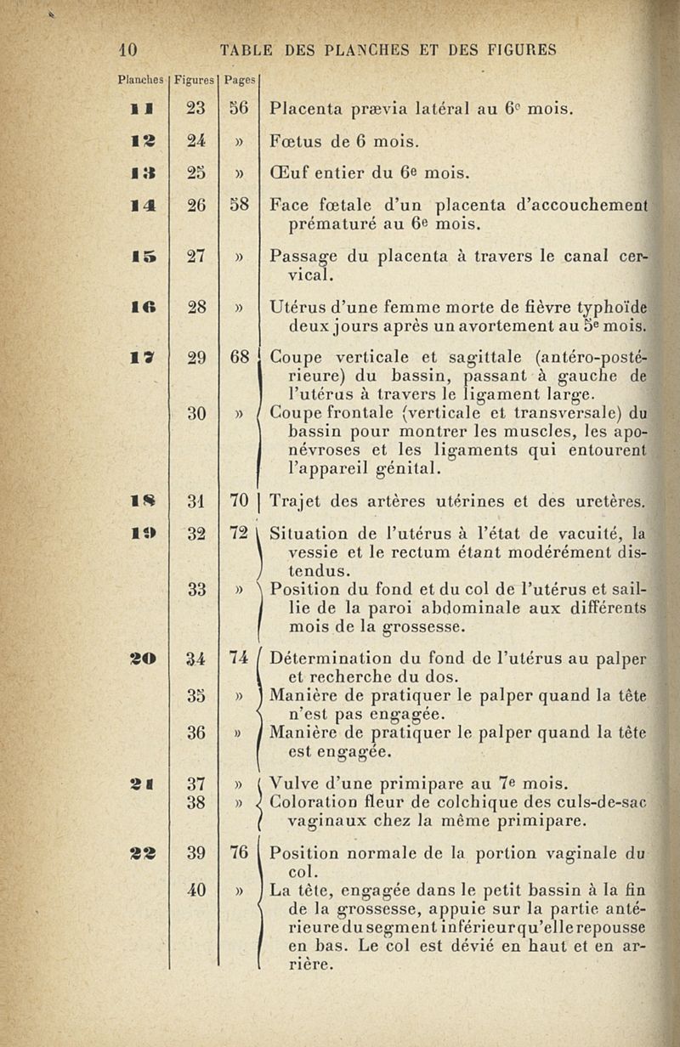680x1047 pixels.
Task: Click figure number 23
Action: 195,109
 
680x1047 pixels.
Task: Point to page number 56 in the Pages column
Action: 237,109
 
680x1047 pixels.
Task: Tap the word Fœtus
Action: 294,139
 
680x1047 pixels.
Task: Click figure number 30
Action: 196,413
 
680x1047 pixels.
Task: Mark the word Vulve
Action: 292,782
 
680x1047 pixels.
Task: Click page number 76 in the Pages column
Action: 237,852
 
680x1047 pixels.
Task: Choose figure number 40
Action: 196,890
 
